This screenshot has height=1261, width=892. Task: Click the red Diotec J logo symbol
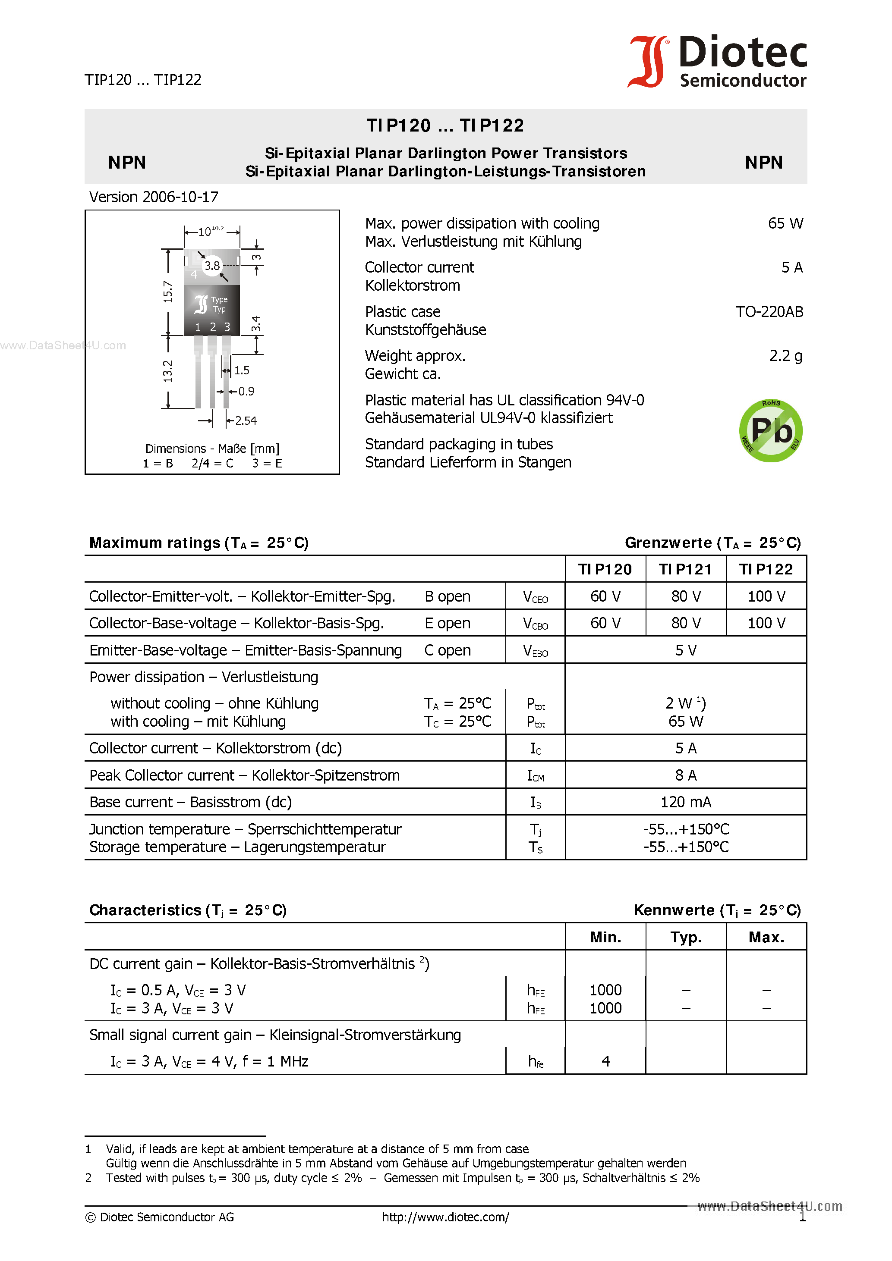[x=647, y=62]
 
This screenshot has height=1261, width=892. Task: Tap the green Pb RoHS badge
[x=771, y=430]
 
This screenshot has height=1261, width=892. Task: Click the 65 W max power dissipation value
[x=785, y=223]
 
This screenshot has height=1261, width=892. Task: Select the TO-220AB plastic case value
[x=769, y=312]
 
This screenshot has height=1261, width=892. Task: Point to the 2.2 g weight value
[x=785, y=356]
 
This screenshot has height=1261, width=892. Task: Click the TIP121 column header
[x=685, y=570]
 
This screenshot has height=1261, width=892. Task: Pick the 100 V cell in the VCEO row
[x=766, y=596]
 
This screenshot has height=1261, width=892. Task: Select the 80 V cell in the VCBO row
[x=685, y=623]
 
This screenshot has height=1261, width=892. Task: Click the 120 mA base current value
[x=685, y=803]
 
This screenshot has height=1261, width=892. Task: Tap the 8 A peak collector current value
[x=685, y=775]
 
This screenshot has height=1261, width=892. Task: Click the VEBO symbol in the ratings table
[x=535, y=651]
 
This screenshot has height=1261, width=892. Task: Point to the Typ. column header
[x=685, y=938]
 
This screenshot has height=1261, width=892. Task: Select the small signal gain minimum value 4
[x=605, y=1061]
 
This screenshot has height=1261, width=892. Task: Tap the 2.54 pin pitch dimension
[x=246, y=421]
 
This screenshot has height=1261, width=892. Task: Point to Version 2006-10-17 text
[x=154, y=197]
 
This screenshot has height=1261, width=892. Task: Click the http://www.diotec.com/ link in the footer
[x=445, y=1217]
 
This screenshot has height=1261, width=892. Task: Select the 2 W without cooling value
[x=685, y=703]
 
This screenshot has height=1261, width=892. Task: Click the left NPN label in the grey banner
[x=127, y=163]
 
